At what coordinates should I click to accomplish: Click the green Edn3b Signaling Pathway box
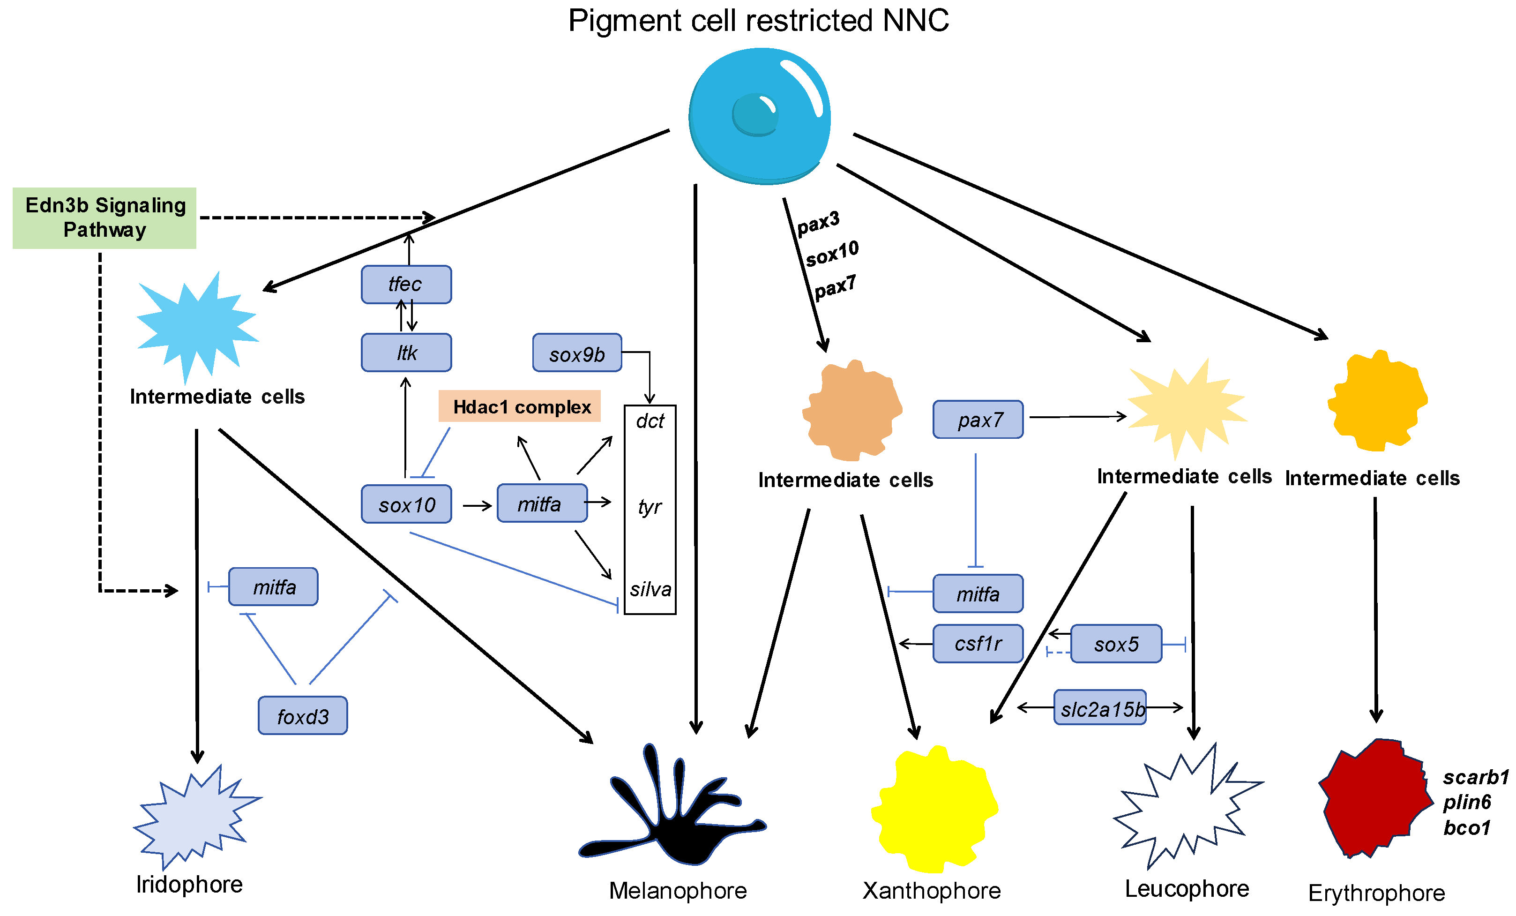104,218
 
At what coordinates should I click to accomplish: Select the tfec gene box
406,285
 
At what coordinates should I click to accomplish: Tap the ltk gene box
406,353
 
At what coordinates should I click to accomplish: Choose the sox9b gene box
576,353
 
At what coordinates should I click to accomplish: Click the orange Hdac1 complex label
519,406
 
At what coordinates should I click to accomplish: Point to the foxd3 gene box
302,715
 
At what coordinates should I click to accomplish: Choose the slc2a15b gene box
1100,708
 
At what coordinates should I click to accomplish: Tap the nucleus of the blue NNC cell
755,114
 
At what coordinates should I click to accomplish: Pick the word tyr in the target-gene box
650,507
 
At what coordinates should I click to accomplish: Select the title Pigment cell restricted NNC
758,20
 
